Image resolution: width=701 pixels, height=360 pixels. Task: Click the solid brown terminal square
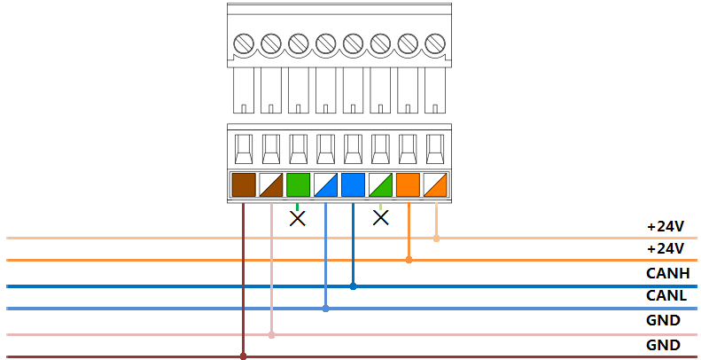coord(243,185)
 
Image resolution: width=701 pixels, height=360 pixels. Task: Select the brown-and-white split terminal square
coord(270,185)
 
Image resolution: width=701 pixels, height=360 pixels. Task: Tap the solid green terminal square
coord(298,185)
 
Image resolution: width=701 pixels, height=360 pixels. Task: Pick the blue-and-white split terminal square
coord(325,185)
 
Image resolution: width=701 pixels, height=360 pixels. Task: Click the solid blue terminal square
coord(353,185)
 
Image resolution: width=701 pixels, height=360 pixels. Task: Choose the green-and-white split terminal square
coord(380,185)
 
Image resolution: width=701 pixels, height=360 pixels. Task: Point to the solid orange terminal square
coord(408,185)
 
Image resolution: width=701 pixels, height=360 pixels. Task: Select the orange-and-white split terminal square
coord(435,185)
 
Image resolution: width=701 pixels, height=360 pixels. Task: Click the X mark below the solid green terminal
coord(298,218)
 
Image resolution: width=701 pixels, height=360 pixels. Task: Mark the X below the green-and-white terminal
coord(380,218)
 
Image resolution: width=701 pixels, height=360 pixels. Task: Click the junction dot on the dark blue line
coord(353,286)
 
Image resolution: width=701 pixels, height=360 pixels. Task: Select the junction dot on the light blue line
coord(325,309)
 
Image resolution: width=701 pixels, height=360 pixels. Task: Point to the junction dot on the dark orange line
coord(408,260)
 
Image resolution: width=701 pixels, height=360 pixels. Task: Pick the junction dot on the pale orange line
coord(435,238)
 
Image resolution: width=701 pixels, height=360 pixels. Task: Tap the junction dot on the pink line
coord(270,335)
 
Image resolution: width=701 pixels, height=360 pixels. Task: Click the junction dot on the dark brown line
coord(243,356)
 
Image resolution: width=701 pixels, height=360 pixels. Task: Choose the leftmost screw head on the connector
coord(244,42)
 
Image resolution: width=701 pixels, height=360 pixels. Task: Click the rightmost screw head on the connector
coord(433,42)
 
